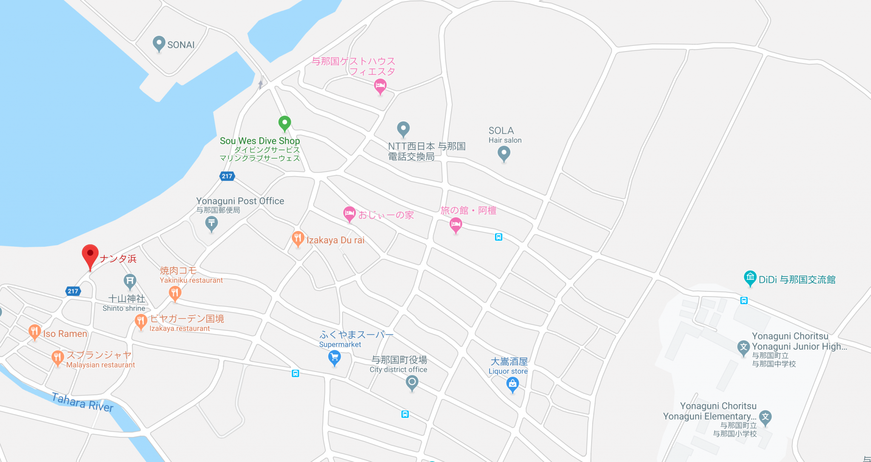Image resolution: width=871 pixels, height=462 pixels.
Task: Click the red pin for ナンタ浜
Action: click(90, 256)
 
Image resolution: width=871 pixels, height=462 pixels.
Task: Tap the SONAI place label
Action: click(181, 45)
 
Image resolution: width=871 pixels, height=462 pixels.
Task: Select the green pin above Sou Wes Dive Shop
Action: click(285, 123)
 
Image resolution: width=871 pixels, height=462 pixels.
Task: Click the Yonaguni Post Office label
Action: click(240, 201)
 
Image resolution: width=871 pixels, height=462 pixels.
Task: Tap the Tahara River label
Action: click(83, 402)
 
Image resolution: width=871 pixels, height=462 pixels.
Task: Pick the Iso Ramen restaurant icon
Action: click(34, 332)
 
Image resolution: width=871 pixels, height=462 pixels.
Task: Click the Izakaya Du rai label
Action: click(335, 240)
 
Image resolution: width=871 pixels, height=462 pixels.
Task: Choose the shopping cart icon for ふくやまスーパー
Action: click(335, 357)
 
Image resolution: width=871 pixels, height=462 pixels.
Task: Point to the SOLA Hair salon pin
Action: click(504, 153)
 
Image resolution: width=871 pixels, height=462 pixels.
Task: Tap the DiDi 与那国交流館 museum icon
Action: click(750, 278)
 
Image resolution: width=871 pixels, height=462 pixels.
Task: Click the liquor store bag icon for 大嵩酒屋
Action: click(512, 384)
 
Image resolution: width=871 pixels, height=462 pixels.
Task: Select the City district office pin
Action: click(412, 382)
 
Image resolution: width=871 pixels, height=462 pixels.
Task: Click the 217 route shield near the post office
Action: click(227, 176)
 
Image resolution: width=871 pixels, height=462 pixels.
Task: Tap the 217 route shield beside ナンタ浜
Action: click(73, 291)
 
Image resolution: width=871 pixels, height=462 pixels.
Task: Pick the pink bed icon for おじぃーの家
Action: click(349, 214)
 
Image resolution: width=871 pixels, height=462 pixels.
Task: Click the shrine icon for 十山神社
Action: click(130, 281)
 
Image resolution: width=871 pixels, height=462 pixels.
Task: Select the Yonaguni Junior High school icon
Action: click(743, 347)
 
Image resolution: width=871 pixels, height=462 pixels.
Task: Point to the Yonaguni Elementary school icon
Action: click(765, 417)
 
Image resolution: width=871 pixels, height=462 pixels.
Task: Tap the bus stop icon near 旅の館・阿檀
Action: click(498, 237)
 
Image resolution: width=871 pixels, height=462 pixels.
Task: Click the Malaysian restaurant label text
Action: click(100, 365)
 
